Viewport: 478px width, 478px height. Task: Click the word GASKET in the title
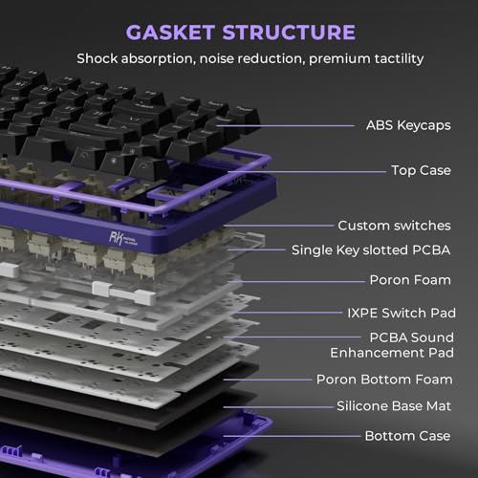(170, 33)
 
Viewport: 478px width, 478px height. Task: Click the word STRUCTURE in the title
(289, 33)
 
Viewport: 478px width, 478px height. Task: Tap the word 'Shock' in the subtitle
(98, 58)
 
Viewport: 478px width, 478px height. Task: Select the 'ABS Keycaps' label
(408, 125)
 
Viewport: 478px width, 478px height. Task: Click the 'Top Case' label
(421, 170)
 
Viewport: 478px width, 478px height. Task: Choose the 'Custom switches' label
(394, 226)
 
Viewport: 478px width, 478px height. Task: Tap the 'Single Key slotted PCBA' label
(371, 250)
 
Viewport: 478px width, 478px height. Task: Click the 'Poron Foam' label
(410, 280)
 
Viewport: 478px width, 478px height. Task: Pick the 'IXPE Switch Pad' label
(402, 313)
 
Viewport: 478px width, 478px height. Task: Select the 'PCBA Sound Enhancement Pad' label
(392, 345)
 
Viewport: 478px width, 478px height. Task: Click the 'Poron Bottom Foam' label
(384, 380)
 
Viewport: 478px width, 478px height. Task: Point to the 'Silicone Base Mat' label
(394, 406)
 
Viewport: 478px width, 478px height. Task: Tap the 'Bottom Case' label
(407, 436)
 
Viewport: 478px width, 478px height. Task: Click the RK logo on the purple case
(123, 238)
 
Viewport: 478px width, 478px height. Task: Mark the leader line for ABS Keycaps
(285, 126)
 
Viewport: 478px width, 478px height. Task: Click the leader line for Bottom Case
(293, 436)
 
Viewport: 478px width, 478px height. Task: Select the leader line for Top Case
(307, 172)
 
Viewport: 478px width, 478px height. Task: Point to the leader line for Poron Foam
(296, 281)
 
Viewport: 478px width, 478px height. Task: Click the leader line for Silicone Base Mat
(278, 407)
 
